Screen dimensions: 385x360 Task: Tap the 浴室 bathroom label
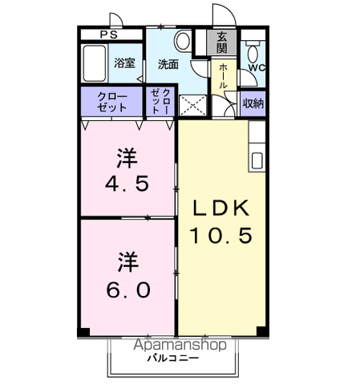(123, 63)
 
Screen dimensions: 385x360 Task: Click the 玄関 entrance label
(221, 42)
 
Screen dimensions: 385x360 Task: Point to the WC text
(256, 68)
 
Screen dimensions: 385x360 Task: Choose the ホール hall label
(222, 75)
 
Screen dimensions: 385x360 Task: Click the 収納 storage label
(253, 103)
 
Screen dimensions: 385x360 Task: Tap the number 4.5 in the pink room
(127, 183)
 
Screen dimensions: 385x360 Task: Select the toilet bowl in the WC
(253, 55)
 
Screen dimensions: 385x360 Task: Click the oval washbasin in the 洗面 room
(182, 41)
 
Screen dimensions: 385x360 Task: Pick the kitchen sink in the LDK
(256, 159)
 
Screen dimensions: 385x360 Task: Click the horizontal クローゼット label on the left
(111, 102)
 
